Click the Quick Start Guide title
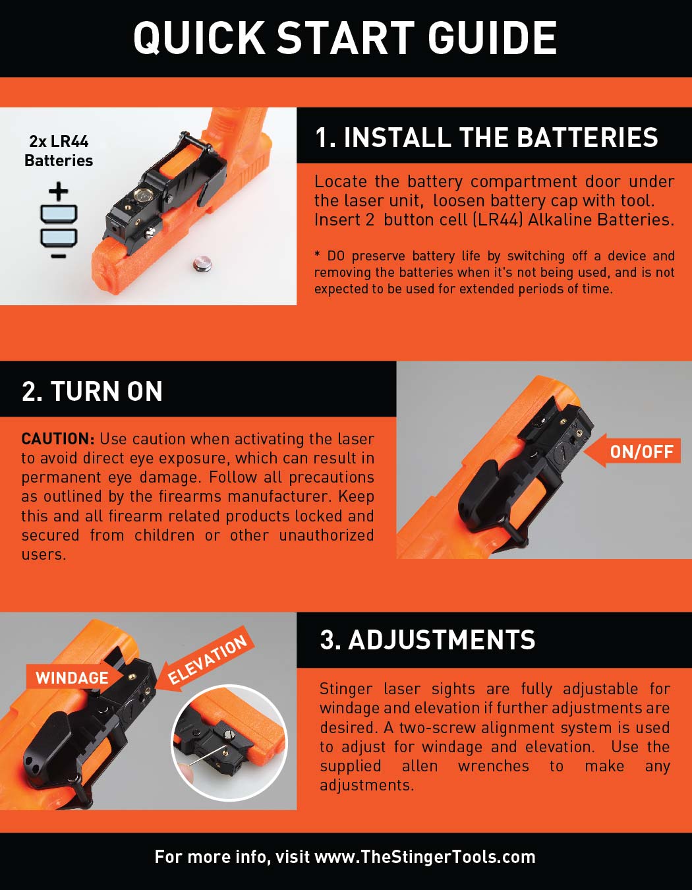tap(345, 38)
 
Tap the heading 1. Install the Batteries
tap(486, 137)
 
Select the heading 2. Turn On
tap(92, 391)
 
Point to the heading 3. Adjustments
tap(428, 639)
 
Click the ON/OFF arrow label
tap(632, 452)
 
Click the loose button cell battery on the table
tap(202, 264)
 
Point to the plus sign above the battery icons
tap(59, 191)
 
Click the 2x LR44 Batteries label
tap(59, 151)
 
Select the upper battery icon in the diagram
tap(59, 214)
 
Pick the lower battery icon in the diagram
tap(59, 238)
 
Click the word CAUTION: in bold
tap(58, 438)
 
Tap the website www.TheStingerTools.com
tap(424, 857)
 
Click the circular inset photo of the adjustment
tap(229, 742)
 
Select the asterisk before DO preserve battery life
tap(318, 254)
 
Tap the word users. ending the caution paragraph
tap(43, 555)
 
